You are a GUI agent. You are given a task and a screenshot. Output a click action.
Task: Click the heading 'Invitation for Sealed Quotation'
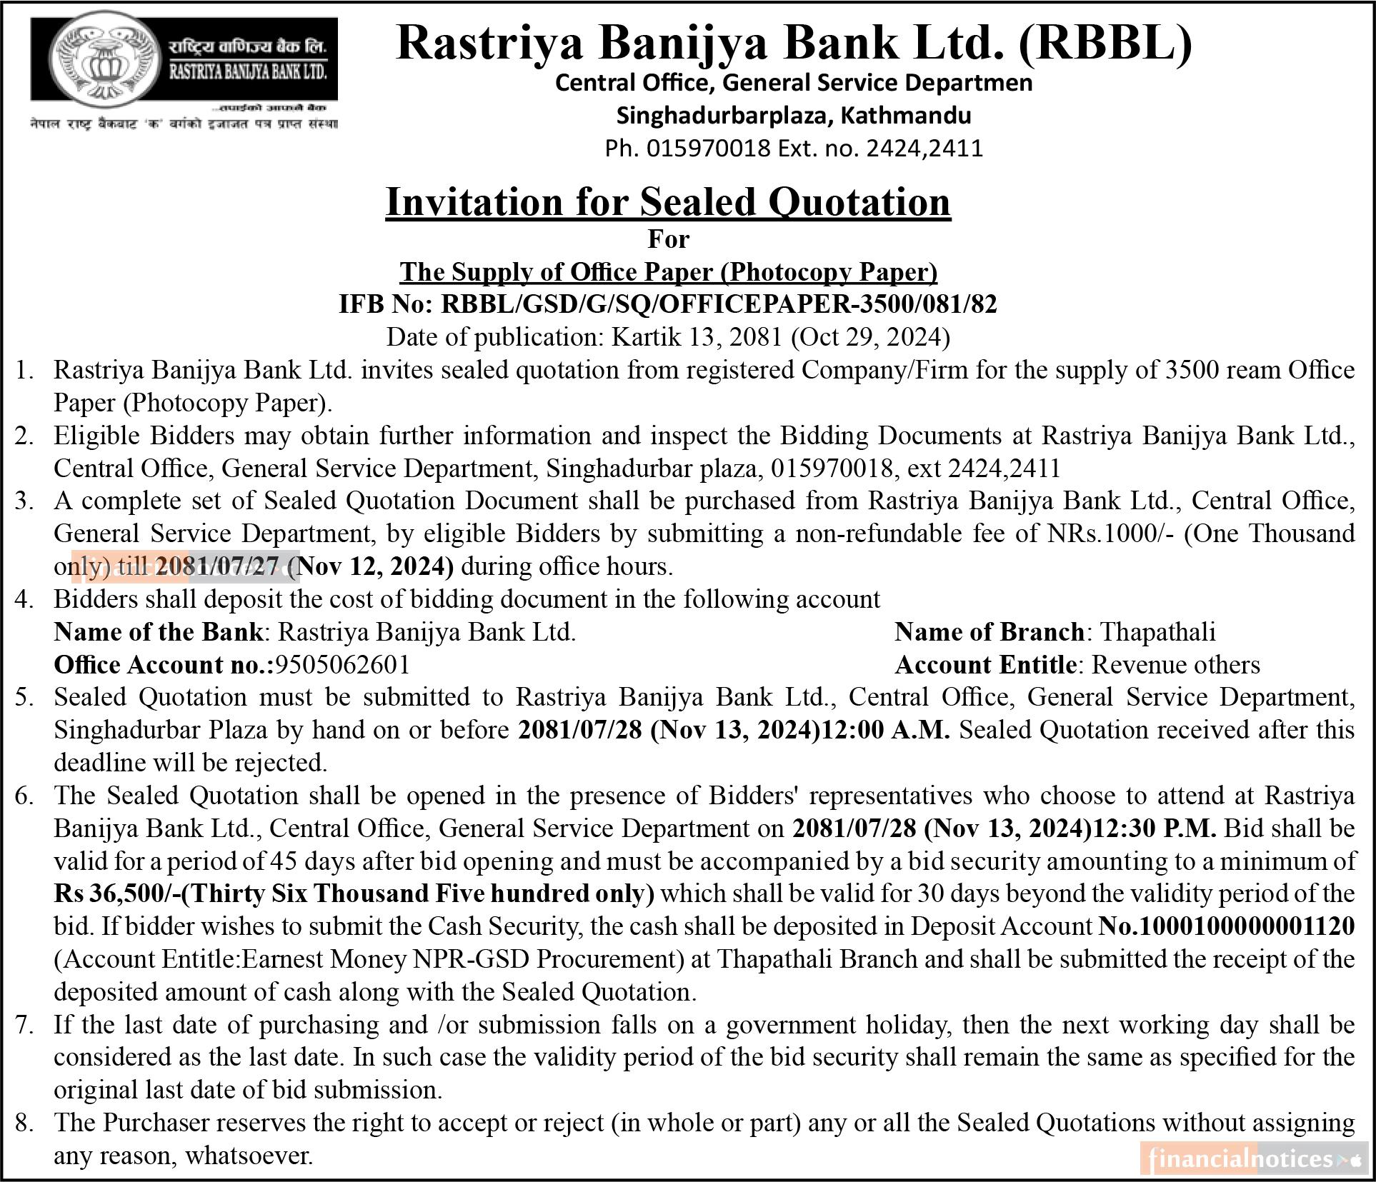pyautogui.click(x=668, y=202)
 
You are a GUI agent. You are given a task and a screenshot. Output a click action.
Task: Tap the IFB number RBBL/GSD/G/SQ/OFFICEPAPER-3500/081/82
pyautogui.click(x=719, y=304)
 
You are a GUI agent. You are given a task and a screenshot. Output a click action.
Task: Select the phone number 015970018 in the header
pyautogui.click(x=708, y=149)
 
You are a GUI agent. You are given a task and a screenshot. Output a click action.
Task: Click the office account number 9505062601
pyautogui.click(x=343, y=665)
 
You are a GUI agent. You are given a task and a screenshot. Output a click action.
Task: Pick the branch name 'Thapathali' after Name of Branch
pyautogui.click(x=1157, y=632)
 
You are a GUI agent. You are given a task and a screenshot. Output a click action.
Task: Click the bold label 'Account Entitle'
pyautogui.click(x=985, y=665)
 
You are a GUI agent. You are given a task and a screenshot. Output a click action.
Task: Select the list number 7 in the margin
pyautogui.click(x=24, y=1025)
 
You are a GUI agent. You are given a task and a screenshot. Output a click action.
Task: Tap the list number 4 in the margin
pyautogui.click(x=24, y=599)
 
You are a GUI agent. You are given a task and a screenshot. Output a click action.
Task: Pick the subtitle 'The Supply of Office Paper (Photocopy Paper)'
pyautogui.click(x=668, y=272)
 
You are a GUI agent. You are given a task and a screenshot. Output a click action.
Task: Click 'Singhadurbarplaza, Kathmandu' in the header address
pyautogui.click(x=794, y=115)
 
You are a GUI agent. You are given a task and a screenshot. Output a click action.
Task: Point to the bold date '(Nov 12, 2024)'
pyautogui.click(x=374, y=566)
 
